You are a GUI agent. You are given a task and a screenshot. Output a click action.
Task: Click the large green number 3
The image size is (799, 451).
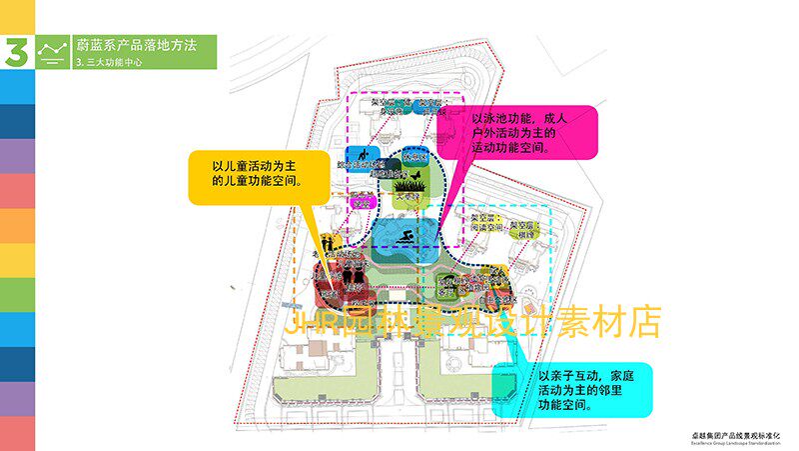point(16,52)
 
